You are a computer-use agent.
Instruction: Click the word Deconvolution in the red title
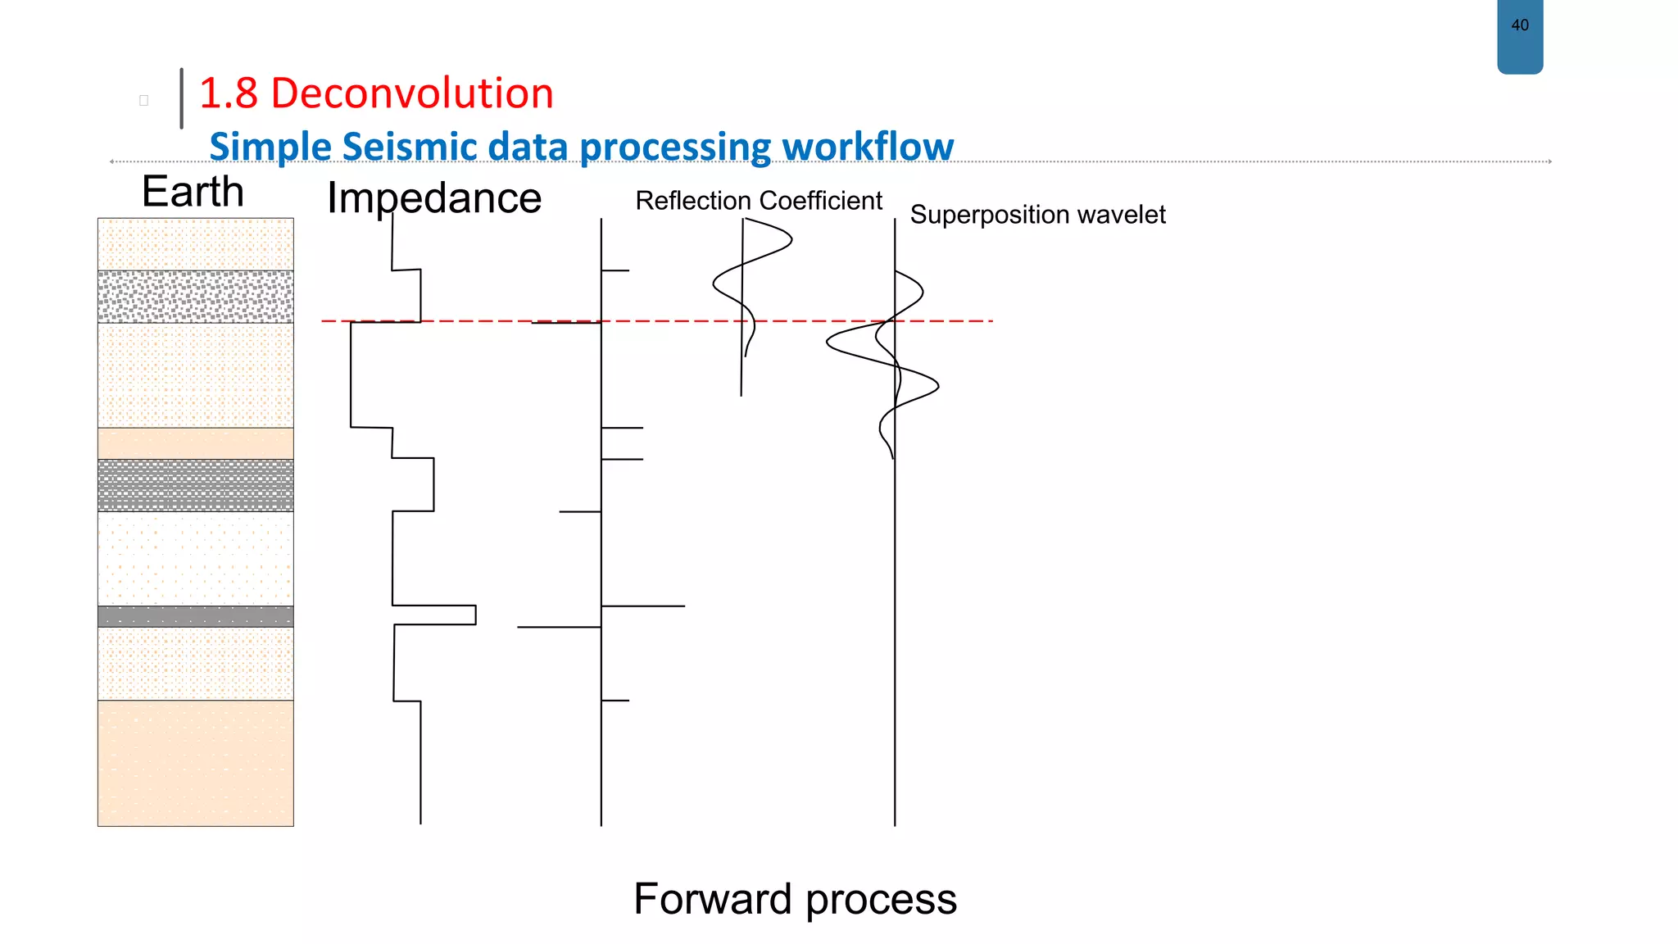(411, 93)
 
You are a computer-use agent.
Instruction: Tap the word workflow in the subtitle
(868, 147)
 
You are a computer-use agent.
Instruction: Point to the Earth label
(193, 192)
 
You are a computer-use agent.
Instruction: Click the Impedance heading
(434, 198)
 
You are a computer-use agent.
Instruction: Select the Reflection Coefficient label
(759, 201)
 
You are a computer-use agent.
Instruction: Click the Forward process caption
(795, 899)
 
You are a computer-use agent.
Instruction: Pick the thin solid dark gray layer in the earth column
(195, 616)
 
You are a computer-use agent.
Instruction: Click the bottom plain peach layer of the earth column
(195, 763)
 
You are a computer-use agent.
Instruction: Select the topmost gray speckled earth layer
(195, 297)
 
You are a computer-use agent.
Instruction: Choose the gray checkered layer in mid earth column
(195, 485)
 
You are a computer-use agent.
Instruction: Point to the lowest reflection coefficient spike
(615, 701)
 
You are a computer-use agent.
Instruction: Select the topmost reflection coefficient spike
(615, 270)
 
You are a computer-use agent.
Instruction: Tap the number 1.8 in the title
(229, 93)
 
